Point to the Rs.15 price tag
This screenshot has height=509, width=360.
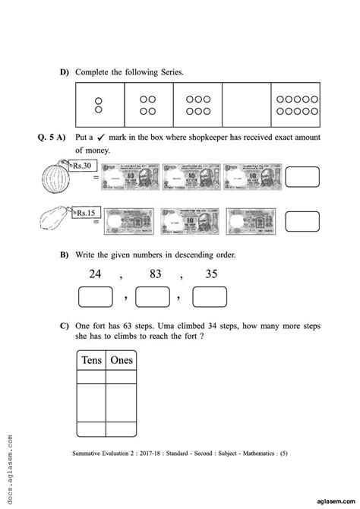85,214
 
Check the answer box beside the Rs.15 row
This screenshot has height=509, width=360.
302,222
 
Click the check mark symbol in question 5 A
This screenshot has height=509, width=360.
99,138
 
